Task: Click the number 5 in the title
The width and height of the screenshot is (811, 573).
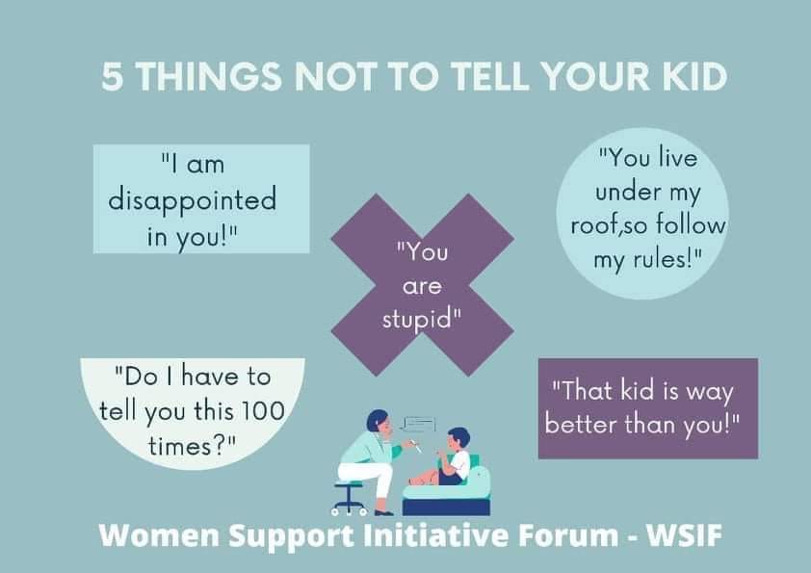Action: [113, 77]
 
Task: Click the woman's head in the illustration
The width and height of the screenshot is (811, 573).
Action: [377, 421]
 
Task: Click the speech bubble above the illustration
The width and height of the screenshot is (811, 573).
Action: [418, 424]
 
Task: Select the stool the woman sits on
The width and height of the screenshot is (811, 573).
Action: [350, 495]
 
